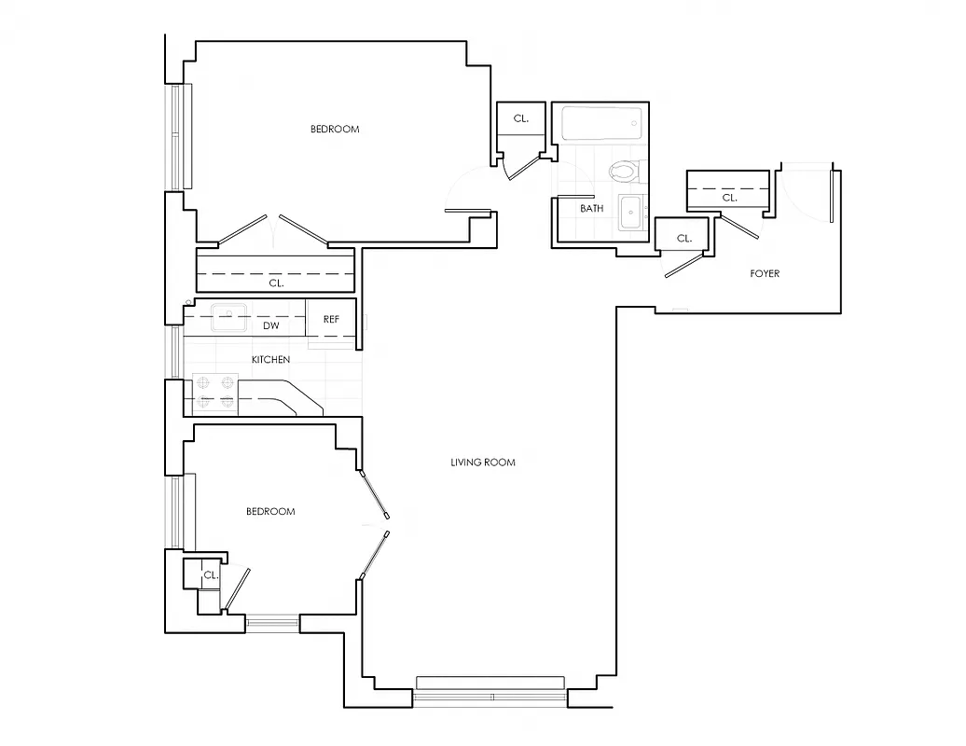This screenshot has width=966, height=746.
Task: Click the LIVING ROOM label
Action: tap(482, 463)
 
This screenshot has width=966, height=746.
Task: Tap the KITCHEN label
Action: tap(270, 360)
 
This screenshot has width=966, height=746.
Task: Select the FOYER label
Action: tap(765, 274)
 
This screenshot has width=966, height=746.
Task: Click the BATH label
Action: tap(591, 209)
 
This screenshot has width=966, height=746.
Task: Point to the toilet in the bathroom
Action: tap(622, 171)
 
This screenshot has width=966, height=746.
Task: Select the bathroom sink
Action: tap(631, 214)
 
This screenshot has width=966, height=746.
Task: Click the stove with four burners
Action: tap(214, 394)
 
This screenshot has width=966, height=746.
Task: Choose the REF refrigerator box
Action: tap(331, 319)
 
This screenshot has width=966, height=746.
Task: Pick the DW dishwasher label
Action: tap(270, 326)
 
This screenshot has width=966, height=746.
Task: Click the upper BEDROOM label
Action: tap(334, 130)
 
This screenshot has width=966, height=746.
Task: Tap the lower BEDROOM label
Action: tap(270, 512)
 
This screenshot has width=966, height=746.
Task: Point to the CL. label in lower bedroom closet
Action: tap(211, 576)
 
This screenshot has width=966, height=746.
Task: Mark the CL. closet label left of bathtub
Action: tap(520, 119)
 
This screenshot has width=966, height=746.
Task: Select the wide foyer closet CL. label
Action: tap(729, 198)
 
